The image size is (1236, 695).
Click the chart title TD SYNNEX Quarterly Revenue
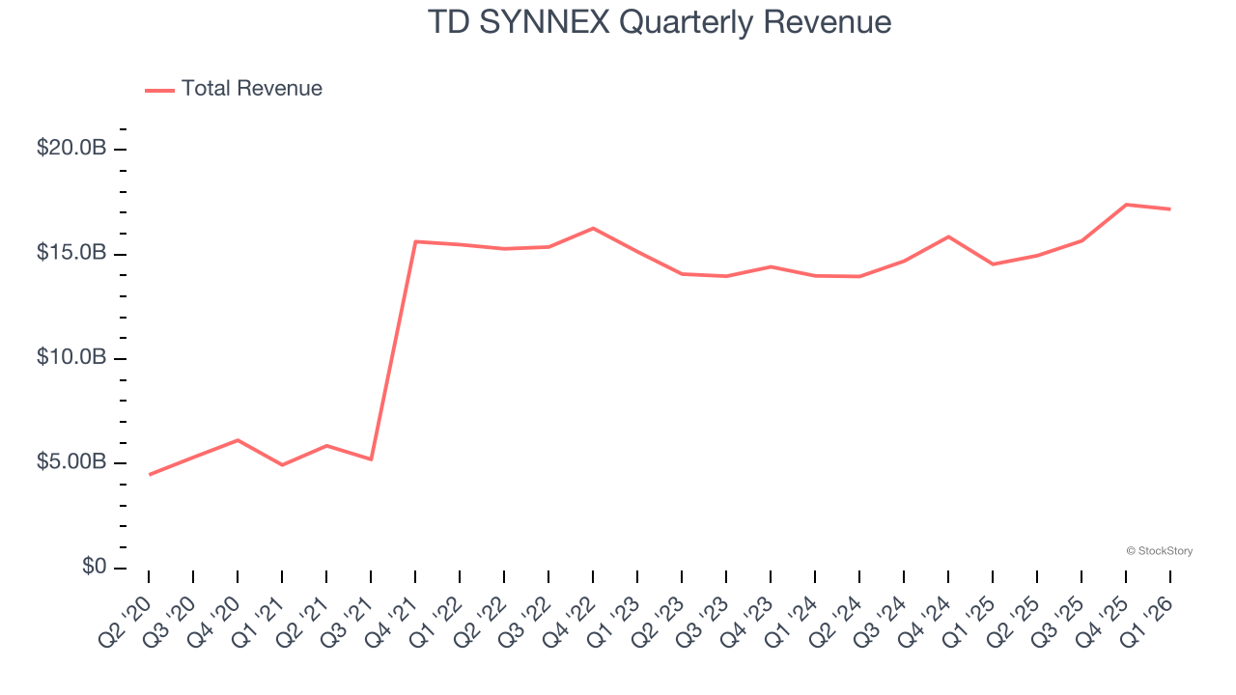[x=659, y=22]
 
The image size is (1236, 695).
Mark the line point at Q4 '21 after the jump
[x=415, y=241]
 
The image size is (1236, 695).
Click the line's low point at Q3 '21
[x=371, y=459]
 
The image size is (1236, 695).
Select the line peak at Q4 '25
[x=1126, y=205]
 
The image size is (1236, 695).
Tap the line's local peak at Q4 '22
[x=593, y=228]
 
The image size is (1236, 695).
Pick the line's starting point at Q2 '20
[x=150, y=474]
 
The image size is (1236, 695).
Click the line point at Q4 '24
[x=948, y=236]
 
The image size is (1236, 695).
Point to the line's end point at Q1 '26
[x=1170, y=208]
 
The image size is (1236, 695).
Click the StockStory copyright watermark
[x=1159, y=551]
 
